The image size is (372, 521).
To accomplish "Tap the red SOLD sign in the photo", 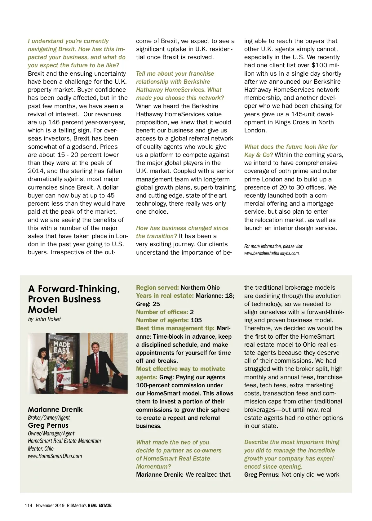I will point(64,369).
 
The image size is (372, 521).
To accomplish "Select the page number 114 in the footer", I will point(29,505).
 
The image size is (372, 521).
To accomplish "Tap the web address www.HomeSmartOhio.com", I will point(55,456).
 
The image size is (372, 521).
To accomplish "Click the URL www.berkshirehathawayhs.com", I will point(272,253).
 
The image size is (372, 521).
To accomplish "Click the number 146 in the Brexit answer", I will point(54,122).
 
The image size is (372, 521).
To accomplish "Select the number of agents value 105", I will point(196,320).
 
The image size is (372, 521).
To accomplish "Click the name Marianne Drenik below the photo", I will point(55,409).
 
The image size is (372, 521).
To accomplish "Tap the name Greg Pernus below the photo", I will point(48,425).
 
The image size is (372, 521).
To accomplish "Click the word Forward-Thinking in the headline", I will point(79,289).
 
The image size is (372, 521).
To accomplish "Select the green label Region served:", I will point(157,287).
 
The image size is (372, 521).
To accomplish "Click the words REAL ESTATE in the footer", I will point(100,505).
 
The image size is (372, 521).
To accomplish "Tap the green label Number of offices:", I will point(162,312).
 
